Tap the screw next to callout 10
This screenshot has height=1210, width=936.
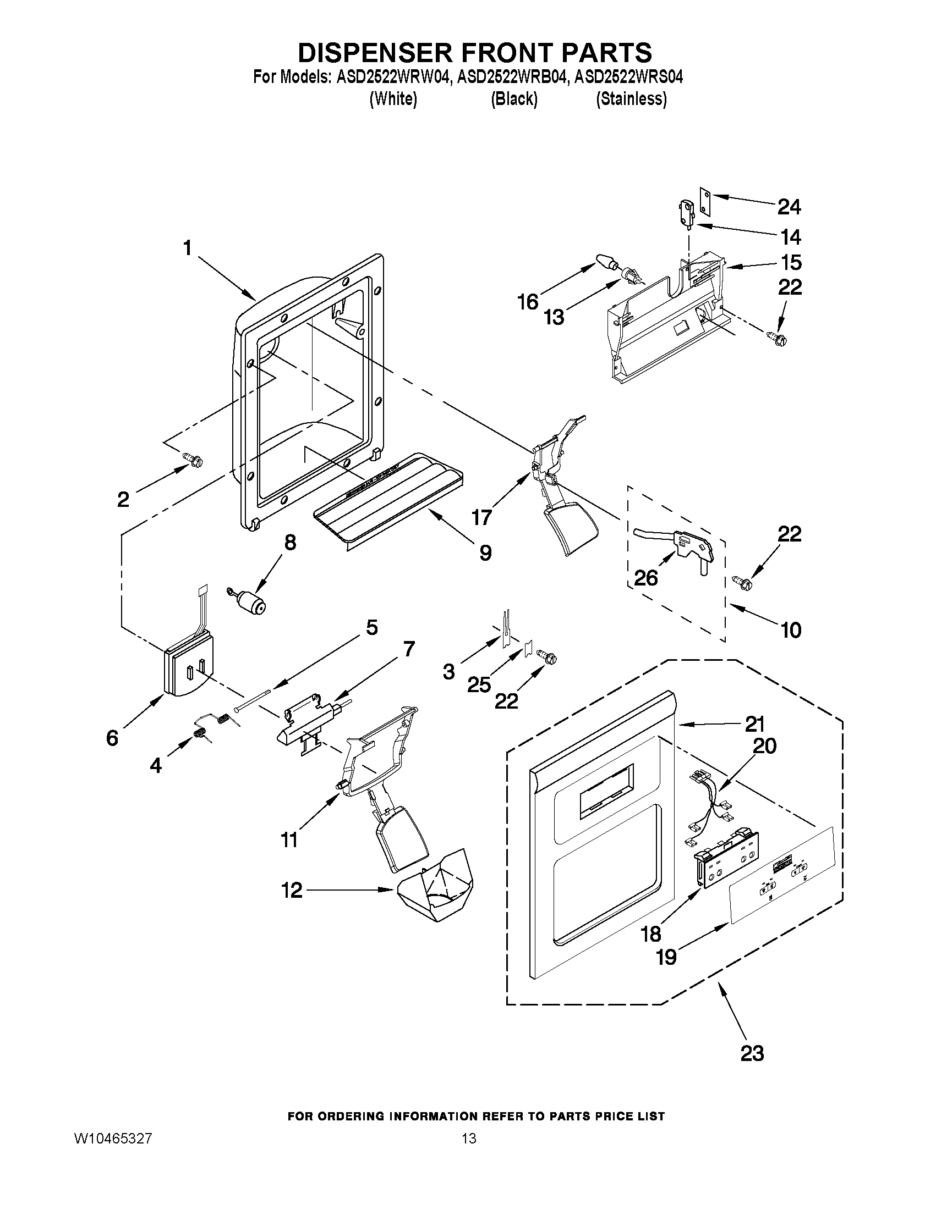pos(741,582)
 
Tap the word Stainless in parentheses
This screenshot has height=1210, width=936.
pos(631,99)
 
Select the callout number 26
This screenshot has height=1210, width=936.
pos(646,578)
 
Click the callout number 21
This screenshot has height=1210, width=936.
pos(754,723)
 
